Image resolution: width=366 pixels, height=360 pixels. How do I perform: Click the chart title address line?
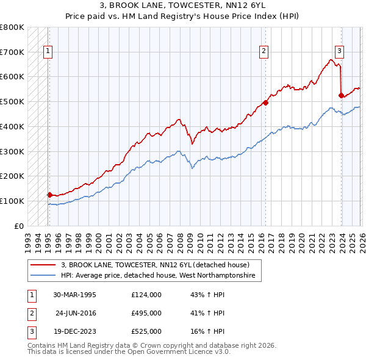[x=182, y=6]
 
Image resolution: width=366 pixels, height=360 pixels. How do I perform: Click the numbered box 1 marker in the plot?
[x=48, y=52]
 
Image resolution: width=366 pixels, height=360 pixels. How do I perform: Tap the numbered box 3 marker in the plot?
[x=340, y=52]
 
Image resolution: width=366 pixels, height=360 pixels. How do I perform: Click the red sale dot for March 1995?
[x=49, y=195]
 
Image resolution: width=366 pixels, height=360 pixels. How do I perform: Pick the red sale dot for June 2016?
[x=265, y=103]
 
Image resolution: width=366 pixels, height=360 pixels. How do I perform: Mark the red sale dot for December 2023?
[x=340, y=95]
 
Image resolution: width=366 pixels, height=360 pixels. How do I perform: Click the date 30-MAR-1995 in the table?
[x=74, y=295]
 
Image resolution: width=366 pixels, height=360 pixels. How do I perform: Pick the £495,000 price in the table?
[x=146, y=313]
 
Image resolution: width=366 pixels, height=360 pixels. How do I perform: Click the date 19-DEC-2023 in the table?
[x=74, y=331]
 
